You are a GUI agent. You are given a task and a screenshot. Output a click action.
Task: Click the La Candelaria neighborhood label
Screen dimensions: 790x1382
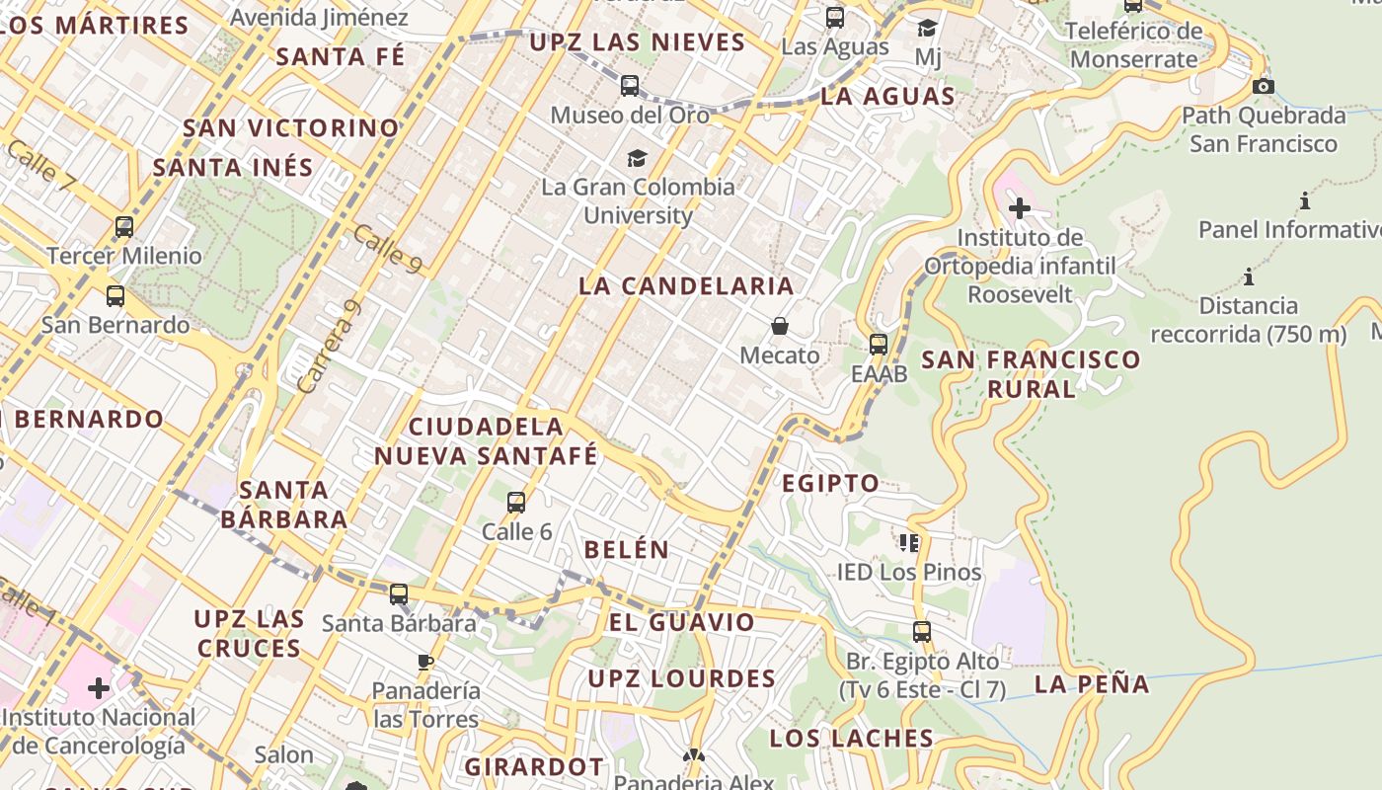[x=686, y=286]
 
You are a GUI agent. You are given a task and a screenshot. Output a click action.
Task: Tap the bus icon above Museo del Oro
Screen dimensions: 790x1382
[x=630, y=86]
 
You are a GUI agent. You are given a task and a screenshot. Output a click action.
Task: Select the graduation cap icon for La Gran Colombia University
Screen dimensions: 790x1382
[x=637, y=158]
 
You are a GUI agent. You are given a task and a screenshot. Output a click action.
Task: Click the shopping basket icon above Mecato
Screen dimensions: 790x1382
[x=780, y=326]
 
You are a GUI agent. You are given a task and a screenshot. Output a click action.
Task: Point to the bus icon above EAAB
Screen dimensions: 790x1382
[x=879, y=345]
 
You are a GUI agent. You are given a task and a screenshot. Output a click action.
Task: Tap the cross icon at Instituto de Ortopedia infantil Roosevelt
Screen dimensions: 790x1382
[x=1020, y=208]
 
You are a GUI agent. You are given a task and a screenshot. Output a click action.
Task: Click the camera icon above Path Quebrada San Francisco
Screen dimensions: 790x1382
[x=1263, y=86]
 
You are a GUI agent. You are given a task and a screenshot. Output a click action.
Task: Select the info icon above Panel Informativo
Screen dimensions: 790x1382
[x=1305, y=201]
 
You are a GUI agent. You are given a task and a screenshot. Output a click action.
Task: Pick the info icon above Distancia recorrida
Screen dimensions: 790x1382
[x=1249, y=276]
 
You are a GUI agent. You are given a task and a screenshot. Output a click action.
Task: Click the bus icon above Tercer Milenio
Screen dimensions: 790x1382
[x=124, y=227]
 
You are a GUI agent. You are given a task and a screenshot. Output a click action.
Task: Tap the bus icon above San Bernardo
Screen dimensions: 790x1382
[x=115, y=295]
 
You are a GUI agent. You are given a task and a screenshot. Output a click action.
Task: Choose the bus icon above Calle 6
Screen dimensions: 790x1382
[x=516, y=503]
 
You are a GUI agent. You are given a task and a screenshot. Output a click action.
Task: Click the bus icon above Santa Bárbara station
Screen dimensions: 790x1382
[x=399, y=594]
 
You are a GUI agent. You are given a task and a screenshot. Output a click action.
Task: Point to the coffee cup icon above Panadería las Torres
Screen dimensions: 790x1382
[x=425, y=662]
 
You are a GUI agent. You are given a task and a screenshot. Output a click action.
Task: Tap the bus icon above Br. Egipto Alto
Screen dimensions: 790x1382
[x=922, y=631]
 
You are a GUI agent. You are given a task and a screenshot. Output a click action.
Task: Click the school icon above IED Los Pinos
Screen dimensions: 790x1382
[x=909, y=542]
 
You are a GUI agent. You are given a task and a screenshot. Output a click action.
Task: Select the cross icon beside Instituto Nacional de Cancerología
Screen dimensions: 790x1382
[x=99, y=687]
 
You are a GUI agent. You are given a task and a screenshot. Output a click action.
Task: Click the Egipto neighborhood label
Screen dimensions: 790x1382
[x=830, y=484]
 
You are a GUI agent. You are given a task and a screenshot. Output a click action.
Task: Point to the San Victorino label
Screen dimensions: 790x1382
[x=291, y=128]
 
